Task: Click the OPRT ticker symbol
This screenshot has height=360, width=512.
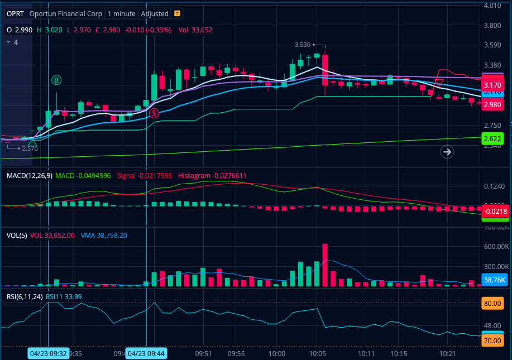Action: pyautogui.click(x=15, y=13)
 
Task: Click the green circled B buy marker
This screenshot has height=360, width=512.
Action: pyautogui.click(x=56, y=80)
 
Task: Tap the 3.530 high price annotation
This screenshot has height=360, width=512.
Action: pyautogui.click(x=302, y=45)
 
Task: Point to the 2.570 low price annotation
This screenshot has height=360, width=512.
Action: pyautogui.click(x=30, y=148)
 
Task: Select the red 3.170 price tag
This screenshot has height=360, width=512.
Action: pyautogui.click(x=492, y=85)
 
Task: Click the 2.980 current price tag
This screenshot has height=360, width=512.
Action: pyautogui.click(x=492, y=104)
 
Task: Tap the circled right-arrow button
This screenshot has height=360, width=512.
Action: pyautogui.click(x=447, y=151)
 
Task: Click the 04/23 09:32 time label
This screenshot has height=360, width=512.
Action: pyautogui.click(x=48, y=353)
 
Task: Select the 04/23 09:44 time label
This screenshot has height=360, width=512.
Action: pyautogui.click(x=146, y=353)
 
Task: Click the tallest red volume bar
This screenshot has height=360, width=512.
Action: pyautogui.click(x=325, y=265)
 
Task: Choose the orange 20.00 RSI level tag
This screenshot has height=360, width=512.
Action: pyautogui.click(x=492, y=340)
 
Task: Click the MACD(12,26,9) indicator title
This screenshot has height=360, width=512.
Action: pyautogui.click(x=30, y=176)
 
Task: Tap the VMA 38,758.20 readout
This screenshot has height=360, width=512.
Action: pyautogui.click(x=104, y=236)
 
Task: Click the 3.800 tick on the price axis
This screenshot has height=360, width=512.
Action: pyautogui.click(x=492, y=25)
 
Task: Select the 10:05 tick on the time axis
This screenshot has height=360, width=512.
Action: pyautogui.click(x=317, y=353)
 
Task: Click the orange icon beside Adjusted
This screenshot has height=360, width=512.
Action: pyautogui.click(x=177, y=13)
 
